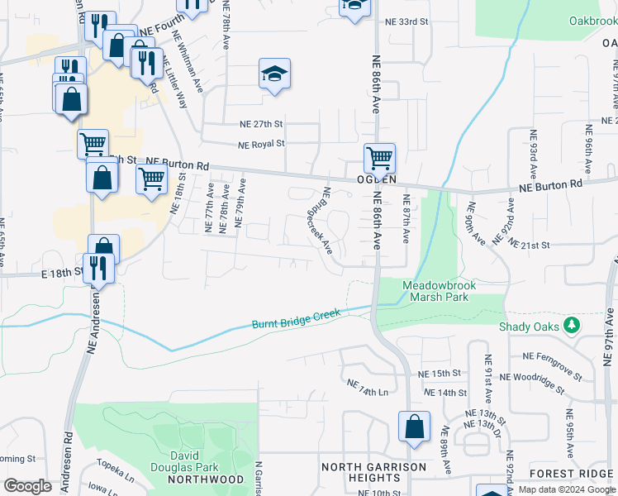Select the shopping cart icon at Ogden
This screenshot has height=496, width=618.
point(379,157)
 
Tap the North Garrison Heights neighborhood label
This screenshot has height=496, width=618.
point(373,472)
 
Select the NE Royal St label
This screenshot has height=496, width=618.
point(261,143)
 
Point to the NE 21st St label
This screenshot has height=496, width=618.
point(530,246)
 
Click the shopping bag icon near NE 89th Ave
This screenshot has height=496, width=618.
point(414,427)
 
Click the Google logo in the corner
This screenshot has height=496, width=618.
point(27,486)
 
